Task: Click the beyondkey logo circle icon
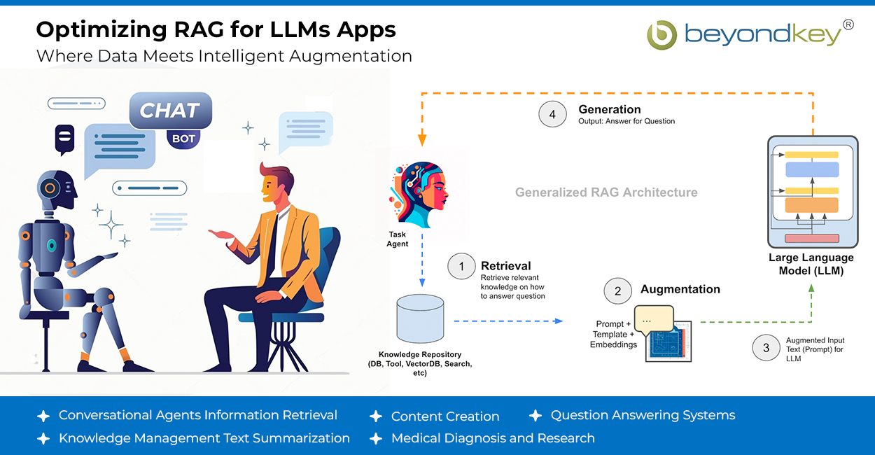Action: point(661,35)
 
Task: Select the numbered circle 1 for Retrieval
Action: point(461,267)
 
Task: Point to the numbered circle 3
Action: point(766,347)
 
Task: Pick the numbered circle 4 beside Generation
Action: point(552,115)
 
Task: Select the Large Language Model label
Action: point(811,264)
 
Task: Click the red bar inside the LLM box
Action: point(811,239)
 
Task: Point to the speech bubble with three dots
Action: point(653,319)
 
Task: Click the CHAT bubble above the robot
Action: point(170,111)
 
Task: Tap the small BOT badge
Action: point(183,139)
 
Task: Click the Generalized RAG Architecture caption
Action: point(606,192)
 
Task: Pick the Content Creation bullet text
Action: point(445,416)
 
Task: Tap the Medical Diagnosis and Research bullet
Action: point(493,438)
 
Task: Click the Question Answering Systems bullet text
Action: point(643,415)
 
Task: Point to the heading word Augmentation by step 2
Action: point(680,289)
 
